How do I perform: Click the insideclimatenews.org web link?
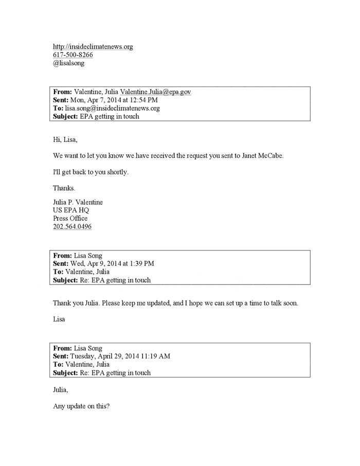point(93,47)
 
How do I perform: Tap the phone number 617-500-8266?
point(73,55)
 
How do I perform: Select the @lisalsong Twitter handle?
point(69,63)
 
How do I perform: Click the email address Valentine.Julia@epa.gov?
point(156,92)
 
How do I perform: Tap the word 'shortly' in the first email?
point(116,171)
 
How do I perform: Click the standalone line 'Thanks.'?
point(64,188)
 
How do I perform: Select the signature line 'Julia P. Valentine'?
point(78,202)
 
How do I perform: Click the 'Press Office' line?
point(70,218)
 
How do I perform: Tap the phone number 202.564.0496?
point(73,226)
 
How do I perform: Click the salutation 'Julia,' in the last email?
point(61,389)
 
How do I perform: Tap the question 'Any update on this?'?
point(81,406)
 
